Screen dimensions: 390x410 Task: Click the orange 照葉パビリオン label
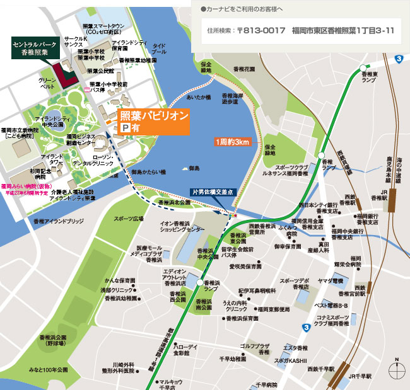(x=154, y=116)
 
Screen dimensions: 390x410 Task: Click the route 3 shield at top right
(x=399, y=59)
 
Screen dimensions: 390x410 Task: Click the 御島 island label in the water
(x=194, y=168)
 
